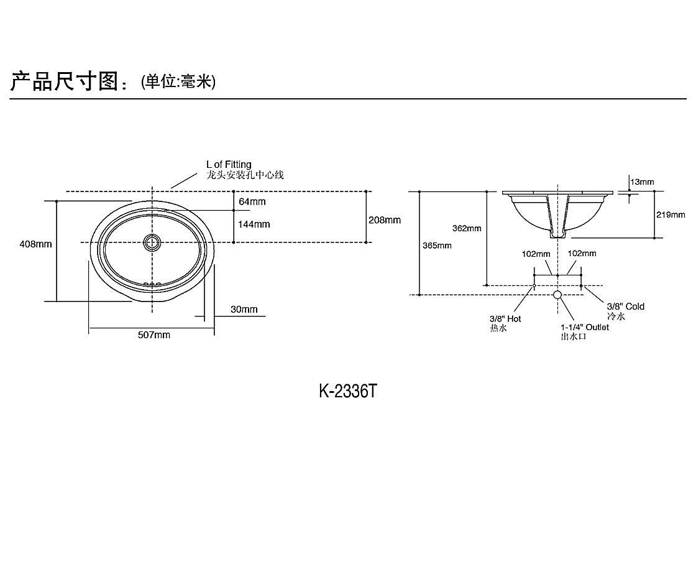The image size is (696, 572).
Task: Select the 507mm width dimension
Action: tap(153, 335)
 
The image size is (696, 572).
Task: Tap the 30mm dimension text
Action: tap(244, 310)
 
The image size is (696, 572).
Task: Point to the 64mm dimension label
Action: tap(252, 201)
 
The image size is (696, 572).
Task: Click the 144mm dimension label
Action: tap(254, 224)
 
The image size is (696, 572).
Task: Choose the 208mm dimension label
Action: tap(385, 219)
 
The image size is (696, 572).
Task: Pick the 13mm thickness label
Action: tap(642, 182)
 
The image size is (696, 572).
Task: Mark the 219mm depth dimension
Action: tap(671, 214)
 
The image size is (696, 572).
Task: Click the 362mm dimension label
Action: tap(467, 228)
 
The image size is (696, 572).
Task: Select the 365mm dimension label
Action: tap(437, 246)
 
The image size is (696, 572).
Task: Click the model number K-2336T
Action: tap(348, 392)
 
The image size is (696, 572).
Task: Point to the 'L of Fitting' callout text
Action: tap(229, 165)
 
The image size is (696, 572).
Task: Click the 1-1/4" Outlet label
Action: tap(585, 327)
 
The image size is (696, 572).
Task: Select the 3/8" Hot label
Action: tap(505, 319)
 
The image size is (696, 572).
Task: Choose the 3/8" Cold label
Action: tap(626, 307)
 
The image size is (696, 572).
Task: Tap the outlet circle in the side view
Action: tap(557, 295)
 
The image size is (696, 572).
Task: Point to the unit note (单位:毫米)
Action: tap(178, 81)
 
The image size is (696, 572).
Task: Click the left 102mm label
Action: tap(536, 254)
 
